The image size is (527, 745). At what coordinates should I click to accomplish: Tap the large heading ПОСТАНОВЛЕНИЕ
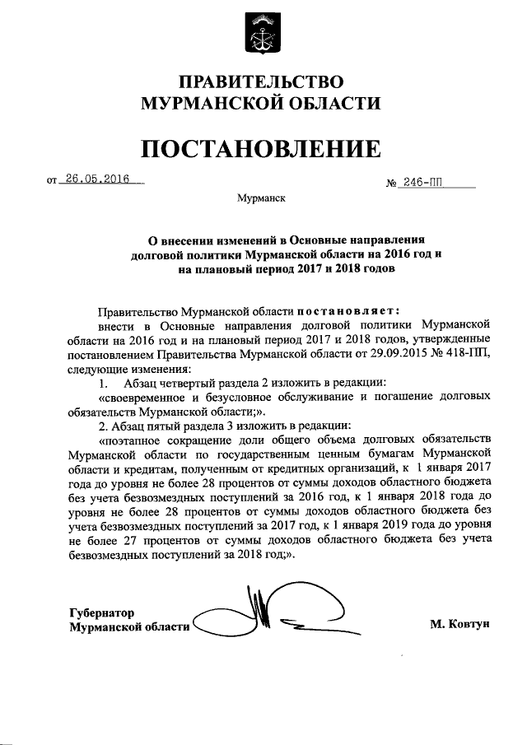pyautogui.click(x=261, y=148)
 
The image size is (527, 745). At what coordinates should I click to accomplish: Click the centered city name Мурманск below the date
pyautogui.click(x=261, y=199)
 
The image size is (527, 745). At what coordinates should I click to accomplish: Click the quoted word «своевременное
pyautogui.click(x=145, y=397)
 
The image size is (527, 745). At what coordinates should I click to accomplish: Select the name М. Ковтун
pyautogui.click(x=459, y=625)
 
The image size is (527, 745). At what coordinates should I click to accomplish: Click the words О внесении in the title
pyautogui.click(x=176, y=240)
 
